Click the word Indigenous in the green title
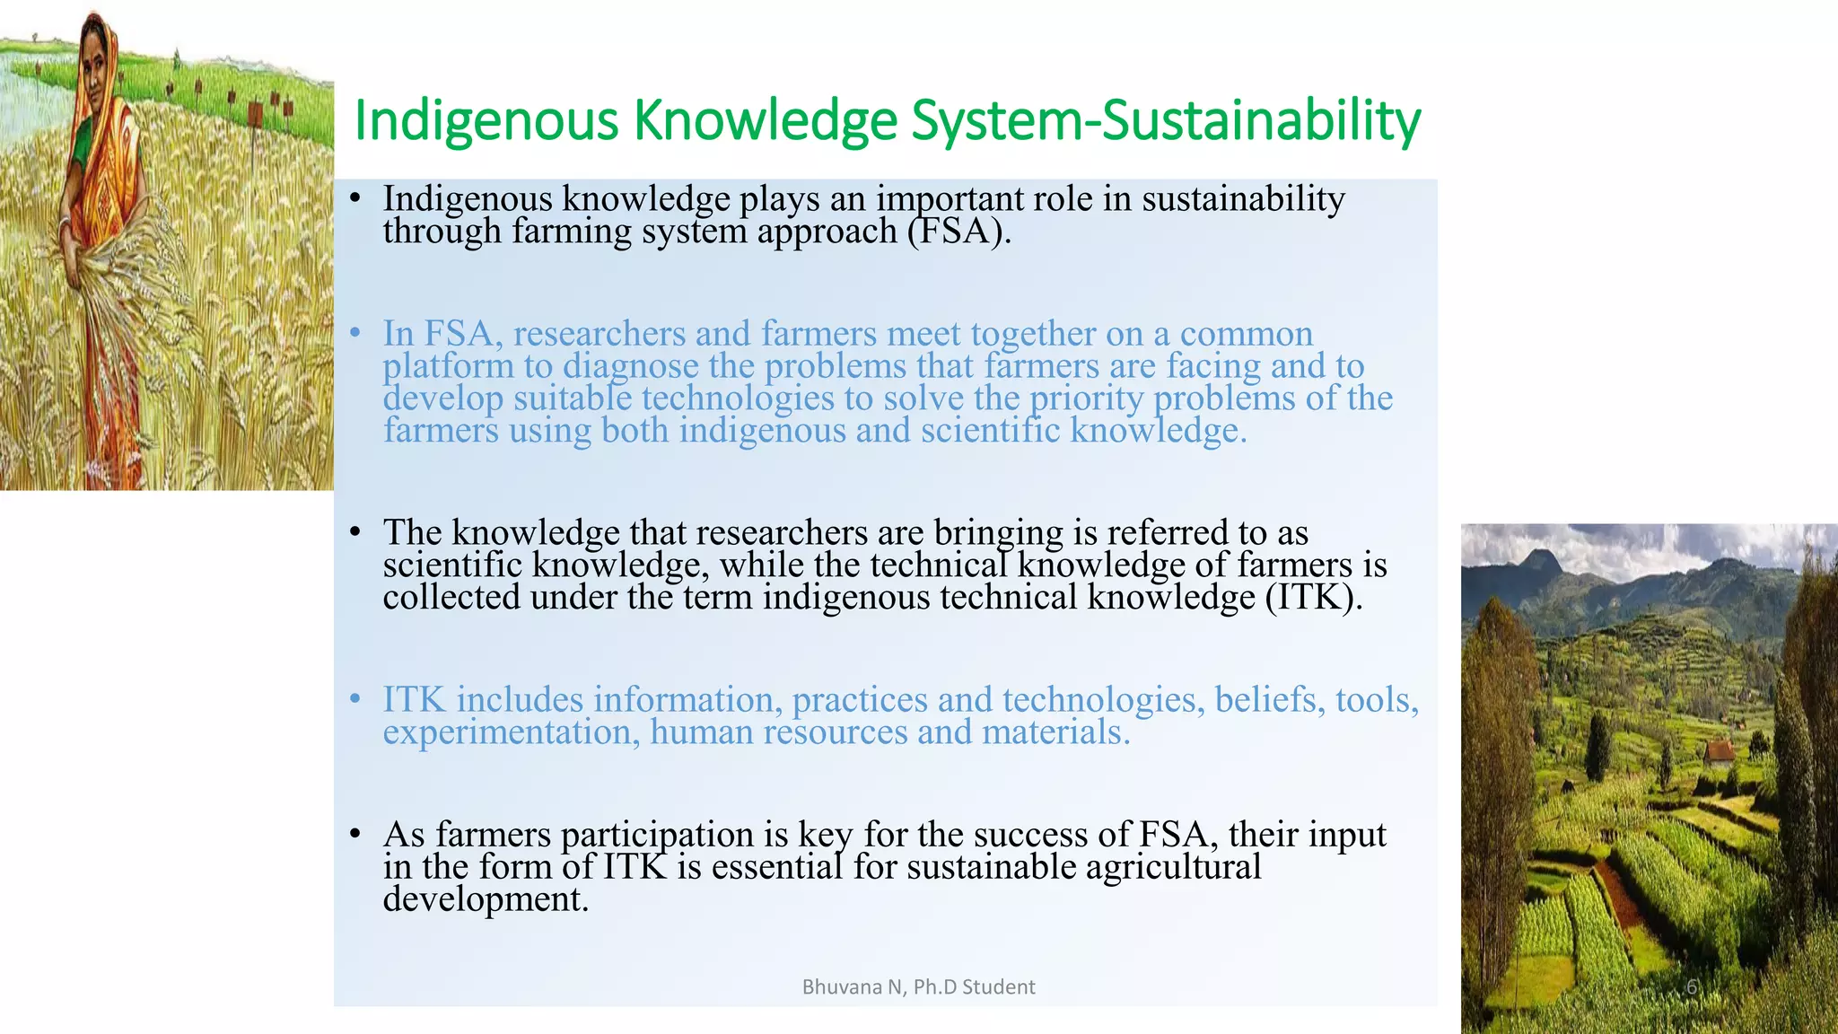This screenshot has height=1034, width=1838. tap(486, 121)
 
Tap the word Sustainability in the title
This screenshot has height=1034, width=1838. tap(1261, 121)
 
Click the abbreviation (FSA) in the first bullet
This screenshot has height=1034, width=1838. tap(958, 232)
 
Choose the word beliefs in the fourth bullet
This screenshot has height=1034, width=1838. tap(1269, 700)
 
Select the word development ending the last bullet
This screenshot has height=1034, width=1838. tap(485, 899)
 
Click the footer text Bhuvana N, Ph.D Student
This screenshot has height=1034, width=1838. tap(918, 987)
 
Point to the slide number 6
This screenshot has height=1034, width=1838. tap(1691, 987)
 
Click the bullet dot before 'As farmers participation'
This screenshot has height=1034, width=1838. tap(355, 835)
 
